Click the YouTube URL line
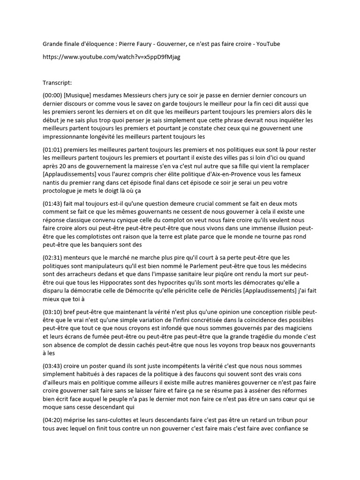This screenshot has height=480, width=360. (111, 57)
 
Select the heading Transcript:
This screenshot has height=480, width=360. (57, 83)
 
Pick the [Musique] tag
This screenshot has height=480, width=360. (79, 95)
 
